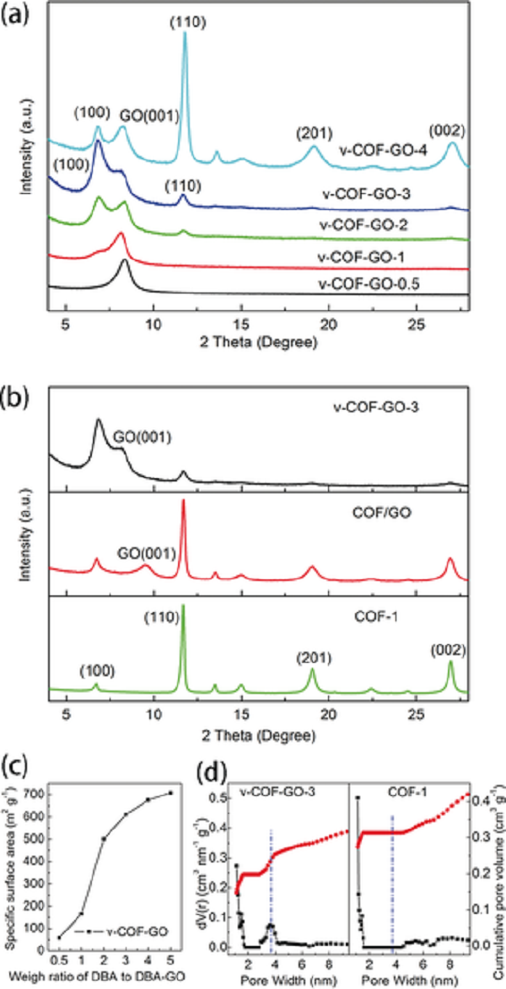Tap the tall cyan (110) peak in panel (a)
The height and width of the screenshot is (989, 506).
[x=185, y=42]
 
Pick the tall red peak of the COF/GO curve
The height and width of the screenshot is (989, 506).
[x=183, y=503]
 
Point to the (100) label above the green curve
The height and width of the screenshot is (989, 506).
[x=97, y=671]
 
